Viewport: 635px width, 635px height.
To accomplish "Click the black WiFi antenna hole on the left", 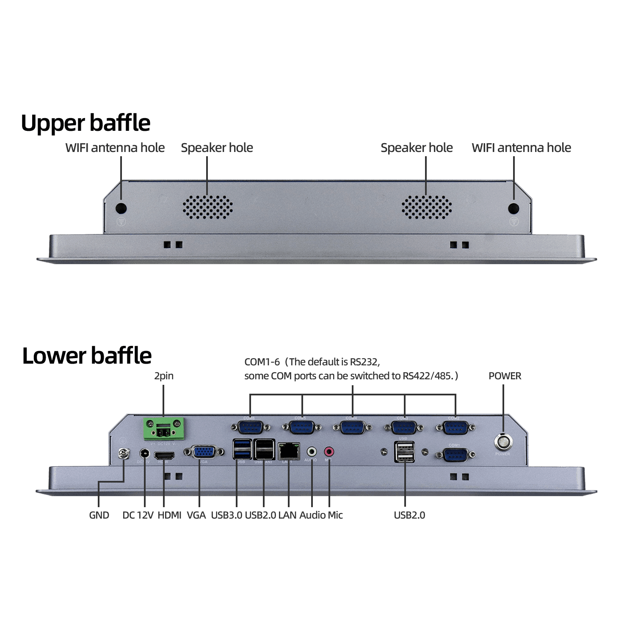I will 121,208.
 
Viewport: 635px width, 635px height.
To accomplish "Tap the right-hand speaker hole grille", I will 426,207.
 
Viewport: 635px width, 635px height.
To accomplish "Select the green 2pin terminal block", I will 164,429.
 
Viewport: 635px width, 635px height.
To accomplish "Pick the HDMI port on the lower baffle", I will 164,456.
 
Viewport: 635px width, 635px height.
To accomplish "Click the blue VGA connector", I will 204,452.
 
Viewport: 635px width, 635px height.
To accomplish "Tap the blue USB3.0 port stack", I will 242,449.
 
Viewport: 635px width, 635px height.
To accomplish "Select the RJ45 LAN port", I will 289,451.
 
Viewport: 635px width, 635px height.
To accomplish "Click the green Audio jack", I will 312,451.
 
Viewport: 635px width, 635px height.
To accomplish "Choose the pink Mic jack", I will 329,451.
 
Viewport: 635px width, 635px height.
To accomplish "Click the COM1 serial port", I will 455,455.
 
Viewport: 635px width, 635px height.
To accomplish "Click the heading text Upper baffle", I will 86,123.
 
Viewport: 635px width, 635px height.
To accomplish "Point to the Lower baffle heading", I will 87,356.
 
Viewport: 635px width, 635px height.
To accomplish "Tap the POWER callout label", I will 505,376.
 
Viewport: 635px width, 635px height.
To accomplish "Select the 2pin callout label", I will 164,376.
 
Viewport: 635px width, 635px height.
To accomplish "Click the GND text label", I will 99,515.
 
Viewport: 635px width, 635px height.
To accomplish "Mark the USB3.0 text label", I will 226,515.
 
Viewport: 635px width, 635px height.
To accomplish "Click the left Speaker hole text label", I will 217,148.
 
